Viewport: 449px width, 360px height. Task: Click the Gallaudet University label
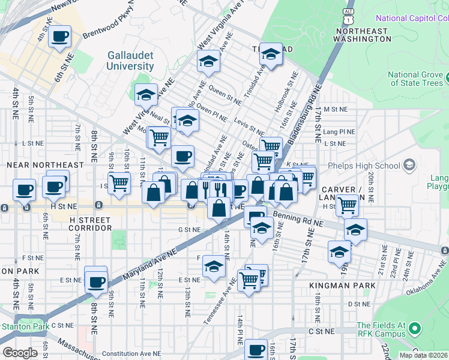(x=130, y=60)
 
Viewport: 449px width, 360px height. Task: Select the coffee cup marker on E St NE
(x=95, y=281)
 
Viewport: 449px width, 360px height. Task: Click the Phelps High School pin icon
(x=409, y=165)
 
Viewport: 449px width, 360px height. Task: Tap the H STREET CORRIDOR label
(x=91, y=228)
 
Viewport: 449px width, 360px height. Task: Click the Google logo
(x=20, y=353)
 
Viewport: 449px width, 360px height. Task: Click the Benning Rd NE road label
(x=298, y=216)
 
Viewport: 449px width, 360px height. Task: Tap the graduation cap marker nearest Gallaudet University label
(x=146, y=95)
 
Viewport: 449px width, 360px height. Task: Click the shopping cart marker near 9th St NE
(x=119, y=182)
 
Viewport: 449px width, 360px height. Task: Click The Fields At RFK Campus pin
(x=414, y=329)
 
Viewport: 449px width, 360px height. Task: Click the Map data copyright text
(x=423, y=355)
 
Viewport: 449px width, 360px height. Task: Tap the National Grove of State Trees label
(x=415, y=79)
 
